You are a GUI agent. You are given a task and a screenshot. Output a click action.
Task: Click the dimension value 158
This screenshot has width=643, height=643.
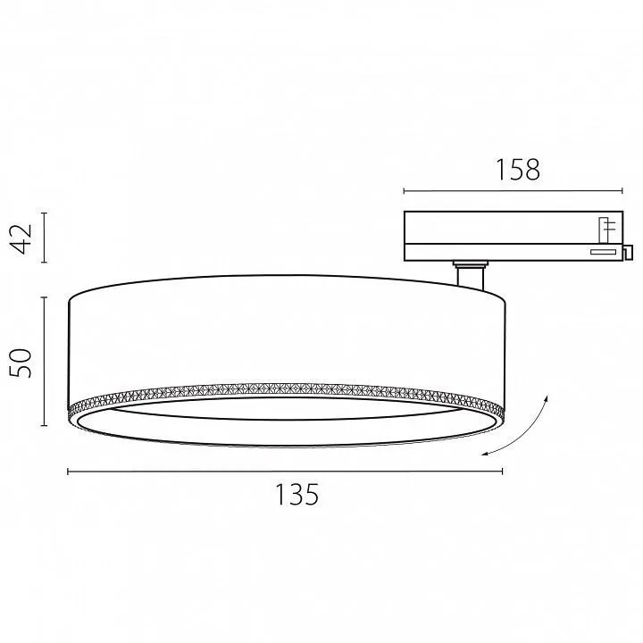(518, 170)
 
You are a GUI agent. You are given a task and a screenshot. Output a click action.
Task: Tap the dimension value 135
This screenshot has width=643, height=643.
(296, 495)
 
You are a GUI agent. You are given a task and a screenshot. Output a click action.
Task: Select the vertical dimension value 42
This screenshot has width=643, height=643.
(21, 238)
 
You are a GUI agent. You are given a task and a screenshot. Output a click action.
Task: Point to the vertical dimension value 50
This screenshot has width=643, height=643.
(21, 363)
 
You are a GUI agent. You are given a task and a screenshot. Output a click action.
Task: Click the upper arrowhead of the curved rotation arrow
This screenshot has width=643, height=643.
(547, 397)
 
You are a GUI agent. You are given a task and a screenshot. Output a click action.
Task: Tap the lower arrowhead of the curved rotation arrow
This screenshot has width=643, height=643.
(484, 453)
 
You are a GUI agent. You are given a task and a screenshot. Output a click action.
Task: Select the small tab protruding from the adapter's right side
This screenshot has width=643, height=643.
(628, 252)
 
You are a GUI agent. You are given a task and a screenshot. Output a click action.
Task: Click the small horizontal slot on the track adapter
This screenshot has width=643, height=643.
(603, 252)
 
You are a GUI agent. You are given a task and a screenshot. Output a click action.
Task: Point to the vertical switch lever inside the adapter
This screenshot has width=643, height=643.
(603, 230)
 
